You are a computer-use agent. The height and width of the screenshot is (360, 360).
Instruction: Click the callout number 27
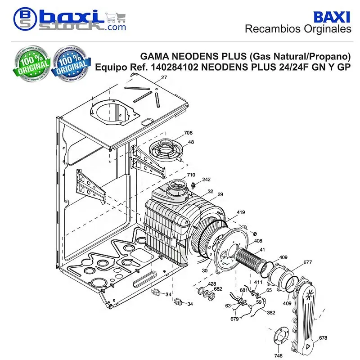pos(164,77)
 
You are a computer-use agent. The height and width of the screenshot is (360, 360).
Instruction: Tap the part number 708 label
pos(188,133)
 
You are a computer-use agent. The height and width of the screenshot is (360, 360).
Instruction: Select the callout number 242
pos(206,179)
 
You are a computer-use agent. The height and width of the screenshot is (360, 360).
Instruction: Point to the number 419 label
pos(241,212)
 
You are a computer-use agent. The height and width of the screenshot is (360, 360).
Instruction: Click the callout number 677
pos(308,262)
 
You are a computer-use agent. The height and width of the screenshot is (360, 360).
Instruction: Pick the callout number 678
pos(323,338)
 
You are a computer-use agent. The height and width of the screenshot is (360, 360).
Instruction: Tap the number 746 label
pos(278,355)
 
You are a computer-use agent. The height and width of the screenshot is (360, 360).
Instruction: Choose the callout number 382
pos(271,312)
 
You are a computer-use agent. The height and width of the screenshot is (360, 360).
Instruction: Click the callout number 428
pos(212,284)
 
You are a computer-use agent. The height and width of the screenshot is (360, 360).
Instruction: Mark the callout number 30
pos(205,271)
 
